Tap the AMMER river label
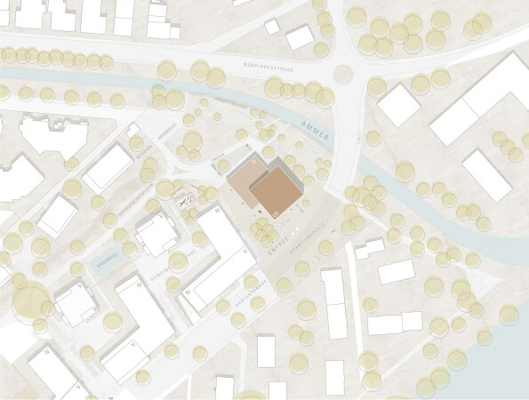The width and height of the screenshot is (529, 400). [x=315, y=132]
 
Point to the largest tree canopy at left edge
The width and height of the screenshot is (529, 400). [x=31, y=302]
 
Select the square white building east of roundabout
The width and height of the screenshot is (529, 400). [x=398, y=107]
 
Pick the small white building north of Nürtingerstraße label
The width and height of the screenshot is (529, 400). [x=300, y=36]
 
